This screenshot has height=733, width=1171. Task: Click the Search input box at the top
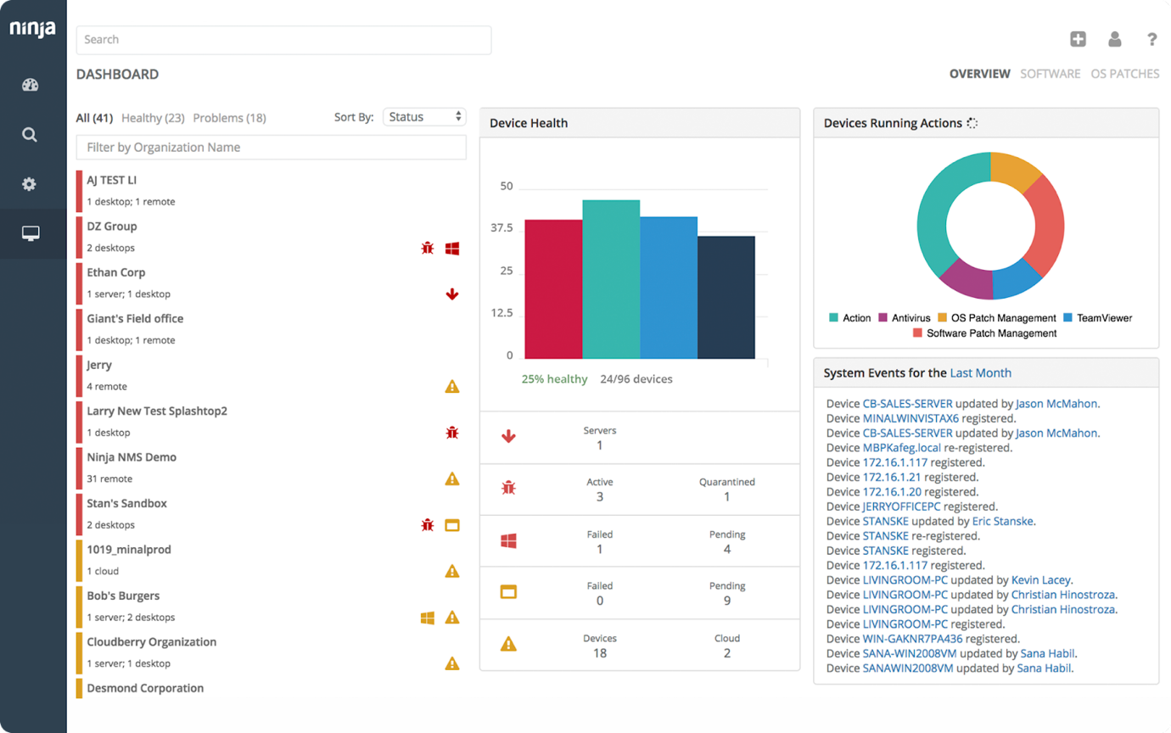283,40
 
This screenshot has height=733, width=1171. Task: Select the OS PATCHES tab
1124,74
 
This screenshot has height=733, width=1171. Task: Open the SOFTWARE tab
1050,74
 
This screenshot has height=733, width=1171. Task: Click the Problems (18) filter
229,118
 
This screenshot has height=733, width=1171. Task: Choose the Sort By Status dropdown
424,117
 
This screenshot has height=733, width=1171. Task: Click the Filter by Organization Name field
272,148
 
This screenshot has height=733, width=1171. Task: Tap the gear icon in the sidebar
31,184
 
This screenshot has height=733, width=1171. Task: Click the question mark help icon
1151,39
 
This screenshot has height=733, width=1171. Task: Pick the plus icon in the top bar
1078,39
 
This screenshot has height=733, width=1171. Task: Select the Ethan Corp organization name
116,272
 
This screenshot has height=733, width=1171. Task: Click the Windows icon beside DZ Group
452,249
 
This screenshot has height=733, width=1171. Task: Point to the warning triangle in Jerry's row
452,387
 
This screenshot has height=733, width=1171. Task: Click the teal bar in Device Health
611,280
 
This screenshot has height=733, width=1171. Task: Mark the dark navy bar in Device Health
726,297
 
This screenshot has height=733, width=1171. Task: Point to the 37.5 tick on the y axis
502,228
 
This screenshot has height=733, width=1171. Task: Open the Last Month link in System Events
980,373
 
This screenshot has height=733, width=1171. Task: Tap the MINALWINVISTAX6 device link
910,418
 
